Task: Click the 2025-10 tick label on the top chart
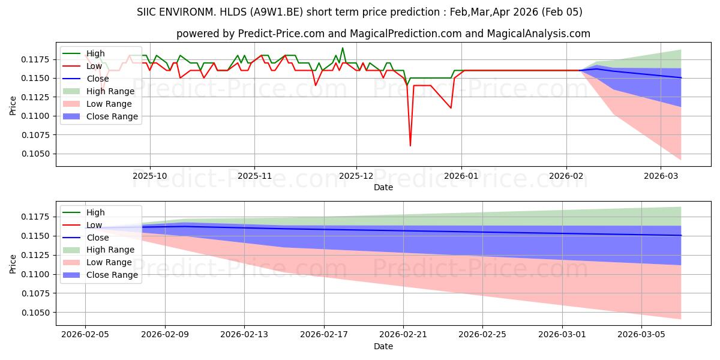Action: click(150, 176)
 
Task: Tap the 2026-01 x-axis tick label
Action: click(461, 176)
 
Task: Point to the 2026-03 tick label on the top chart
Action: click(660, 176)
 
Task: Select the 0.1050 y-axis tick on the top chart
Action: click(37, 154)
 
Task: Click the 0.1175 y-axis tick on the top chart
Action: click(37, 59)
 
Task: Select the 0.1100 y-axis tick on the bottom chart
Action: click(37, 275)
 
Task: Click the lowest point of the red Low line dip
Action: click(410, 146)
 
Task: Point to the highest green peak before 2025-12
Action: click(343, 48)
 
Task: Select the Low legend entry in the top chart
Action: click(95, 66)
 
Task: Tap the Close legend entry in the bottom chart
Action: click(98, 237)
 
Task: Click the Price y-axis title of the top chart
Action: click(13, 106)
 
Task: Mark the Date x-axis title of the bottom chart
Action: click(383, 346)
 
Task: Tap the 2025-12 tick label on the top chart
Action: click(356, 176)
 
